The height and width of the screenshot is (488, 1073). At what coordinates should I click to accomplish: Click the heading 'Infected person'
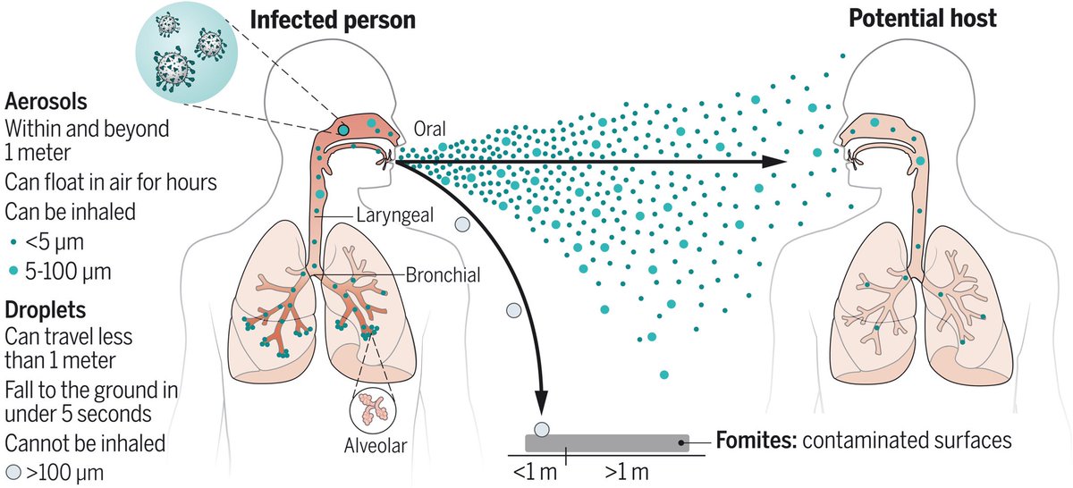tap(333, 19)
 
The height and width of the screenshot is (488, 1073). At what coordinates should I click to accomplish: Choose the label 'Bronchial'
tap(442, 275)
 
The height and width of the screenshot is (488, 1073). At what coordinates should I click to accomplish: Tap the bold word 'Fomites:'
tap(751, 441)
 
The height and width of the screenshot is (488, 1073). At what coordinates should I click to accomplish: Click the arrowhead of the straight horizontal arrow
tap(776, 162)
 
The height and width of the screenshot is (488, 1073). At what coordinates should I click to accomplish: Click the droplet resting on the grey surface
tap(541, 428)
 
